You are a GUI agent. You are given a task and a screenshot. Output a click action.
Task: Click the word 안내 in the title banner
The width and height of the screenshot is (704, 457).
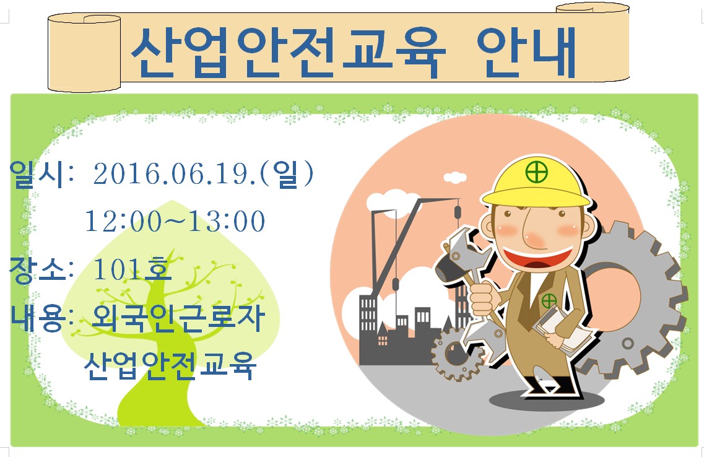(x=526, y=53)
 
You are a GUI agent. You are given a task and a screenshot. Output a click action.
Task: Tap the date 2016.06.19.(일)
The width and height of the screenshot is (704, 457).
(x=203, y=173)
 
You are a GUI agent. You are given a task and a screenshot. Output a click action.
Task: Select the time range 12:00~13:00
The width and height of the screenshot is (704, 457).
(x=175, y=221)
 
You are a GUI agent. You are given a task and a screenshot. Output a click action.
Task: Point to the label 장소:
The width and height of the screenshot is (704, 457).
(x=41, y=269)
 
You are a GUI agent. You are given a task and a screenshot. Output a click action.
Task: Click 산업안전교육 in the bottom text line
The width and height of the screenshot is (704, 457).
(x=170, y=365)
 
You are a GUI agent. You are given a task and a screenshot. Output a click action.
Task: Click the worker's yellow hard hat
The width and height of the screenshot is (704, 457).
(x=536, y=182)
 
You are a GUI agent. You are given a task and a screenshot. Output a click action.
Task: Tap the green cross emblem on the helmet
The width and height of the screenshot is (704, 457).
(x=537, y=172)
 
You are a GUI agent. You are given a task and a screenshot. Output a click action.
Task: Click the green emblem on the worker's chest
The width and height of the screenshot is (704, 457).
(x=549, y=300)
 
